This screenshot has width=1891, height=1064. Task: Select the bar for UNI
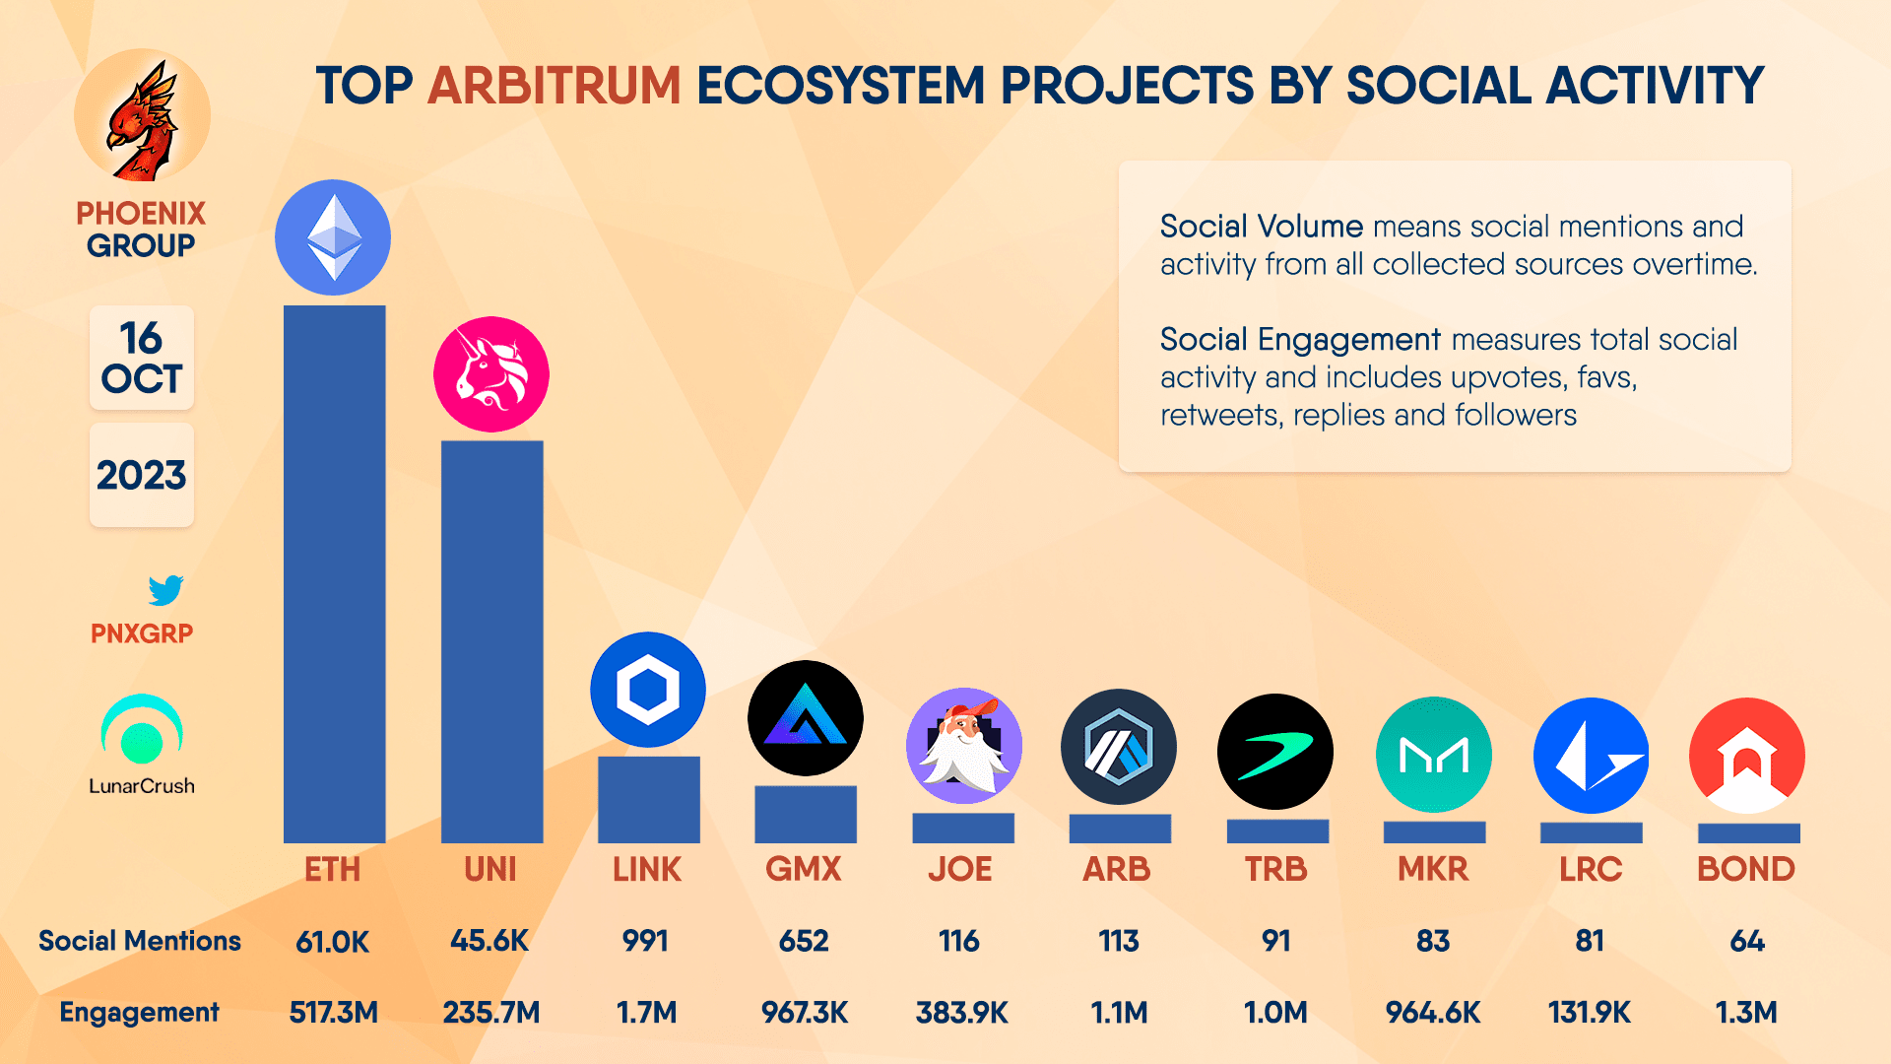[491, 641]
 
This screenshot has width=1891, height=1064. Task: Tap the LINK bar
[648, 799]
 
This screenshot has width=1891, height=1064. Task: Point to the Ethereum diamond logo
[333, 237]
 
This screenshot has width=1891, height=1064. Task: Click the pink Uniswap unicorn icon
[491, 374]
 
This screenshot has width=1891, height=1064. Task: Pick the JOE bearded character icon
[963, 746]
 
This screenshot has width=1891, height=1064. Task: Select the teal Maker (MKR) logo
[1433, 755]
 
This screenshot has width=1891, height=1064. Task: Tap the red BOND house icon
[1746, 756]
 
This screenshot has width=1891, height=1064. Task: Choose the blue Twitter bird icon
[165, 590]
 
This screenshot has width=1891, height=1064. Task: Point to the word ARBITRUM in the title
[554, 86]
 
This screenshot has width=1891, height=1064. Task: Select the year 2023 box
[142, 475]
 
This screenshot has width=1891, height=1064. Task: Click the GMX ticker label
[804, 869]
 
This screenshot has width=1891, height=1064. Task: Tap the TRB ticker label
[1275, 869]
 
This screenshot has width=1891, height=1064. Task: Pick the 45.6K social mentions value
[489, 941]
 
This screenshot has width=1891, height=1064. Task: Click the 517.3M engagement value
[333, 1013]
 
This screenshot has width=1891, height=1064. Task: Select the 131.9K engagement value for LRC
[1590, 1013]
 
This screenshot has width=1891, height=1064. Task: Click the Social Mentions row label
[140, 941]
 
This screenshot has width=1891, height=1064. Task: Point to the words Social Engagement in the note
[1300, 340]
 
